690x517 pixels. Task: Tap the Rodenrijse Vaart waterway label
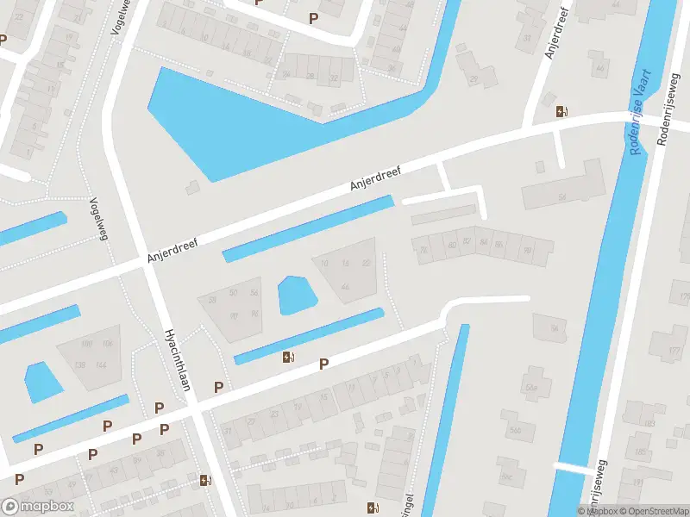tap(642, 113)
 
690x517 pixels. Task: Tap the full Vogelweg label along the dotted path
tap(97, 216)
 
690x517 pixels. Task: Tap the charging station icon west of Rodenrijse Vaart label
tap(561, 110)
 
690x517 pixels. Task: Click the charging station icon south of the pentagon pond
tap(287, 357)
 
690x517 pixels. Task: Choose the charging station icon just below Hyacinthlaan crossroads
tap(204, 480)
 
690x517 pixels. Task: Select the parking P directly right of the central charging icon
tap(323, 364)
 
